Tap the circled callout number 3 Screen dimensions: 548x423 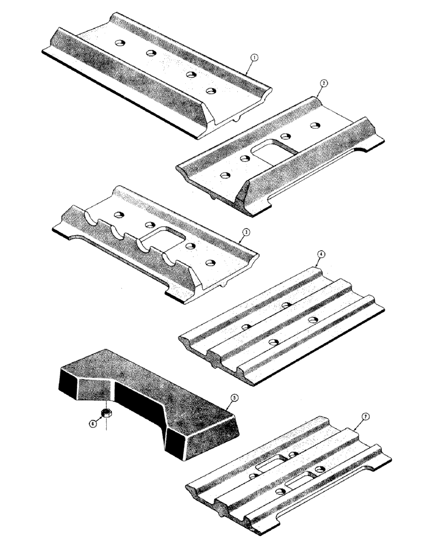tap(248, 233)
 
